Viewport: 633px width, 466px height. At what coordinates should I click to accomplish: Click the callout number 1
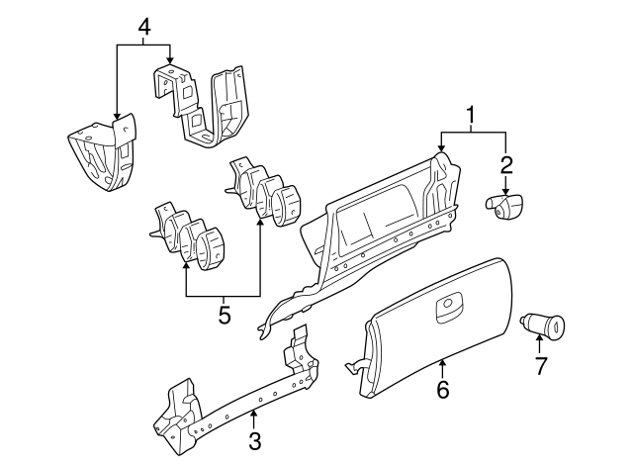pos(471,116)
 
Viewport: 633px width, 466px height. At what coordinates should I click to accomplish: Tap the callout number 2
pos(505,164)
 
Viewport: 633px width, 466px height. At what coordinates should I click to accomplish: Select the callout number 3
pos(254,440)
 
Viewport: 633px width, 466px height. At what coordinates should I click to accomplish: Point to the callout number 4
pos(144,27)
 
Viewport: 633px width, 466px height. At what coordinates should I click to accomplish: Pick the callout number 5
pos(224,316)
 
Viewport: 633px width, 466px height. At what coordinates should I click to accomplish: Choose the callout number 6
pos(442,390)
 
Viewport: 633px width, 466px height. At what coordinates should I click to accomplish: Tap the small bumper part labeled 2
pos(504,205)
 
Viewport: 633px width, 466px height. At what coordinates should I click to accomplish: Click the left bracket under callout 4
pos(101,153)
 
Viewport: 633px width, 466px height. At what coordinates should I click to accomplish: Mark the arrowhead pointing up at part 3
pos(254,413)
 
